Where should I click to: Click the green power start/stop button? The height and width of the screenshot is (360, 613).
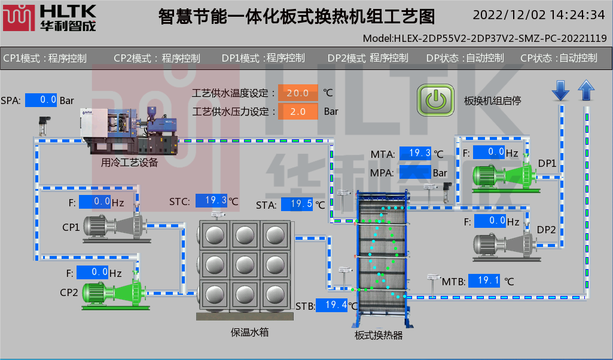click(436, 100)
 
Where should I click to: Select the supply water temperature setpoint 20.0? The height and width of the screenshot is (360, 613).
click(298, 93)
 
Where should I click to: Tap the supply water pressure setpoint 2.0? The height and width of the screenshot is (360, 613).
click(298, 111)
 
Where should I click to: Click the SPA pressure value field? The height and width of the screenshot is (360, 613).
click(41, 100)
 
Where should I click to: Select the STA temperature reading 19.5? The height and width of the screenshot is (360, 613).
click(297, 205)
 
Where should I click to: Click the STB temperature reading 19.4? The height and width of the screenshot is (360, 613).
click(332, 305)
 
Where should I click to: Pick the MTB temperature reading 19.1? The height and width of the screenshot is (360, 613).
click(484, 280)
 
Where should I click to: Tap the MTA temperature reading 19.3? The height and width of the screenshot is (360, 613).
click(416, 154)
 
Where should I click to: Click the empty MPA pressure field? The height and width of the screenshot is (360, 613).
click(416, 172)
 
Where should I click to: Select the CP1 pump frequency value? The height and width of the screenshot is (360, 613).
click(94, 202)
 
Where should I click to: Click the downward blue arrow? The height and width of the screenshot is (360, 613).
click(560, 90)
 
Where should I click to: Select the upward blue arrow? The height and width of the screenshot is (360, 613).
click(587, 90)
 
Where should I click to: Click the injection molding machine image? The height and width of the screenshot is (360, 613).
click(129, 130)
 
